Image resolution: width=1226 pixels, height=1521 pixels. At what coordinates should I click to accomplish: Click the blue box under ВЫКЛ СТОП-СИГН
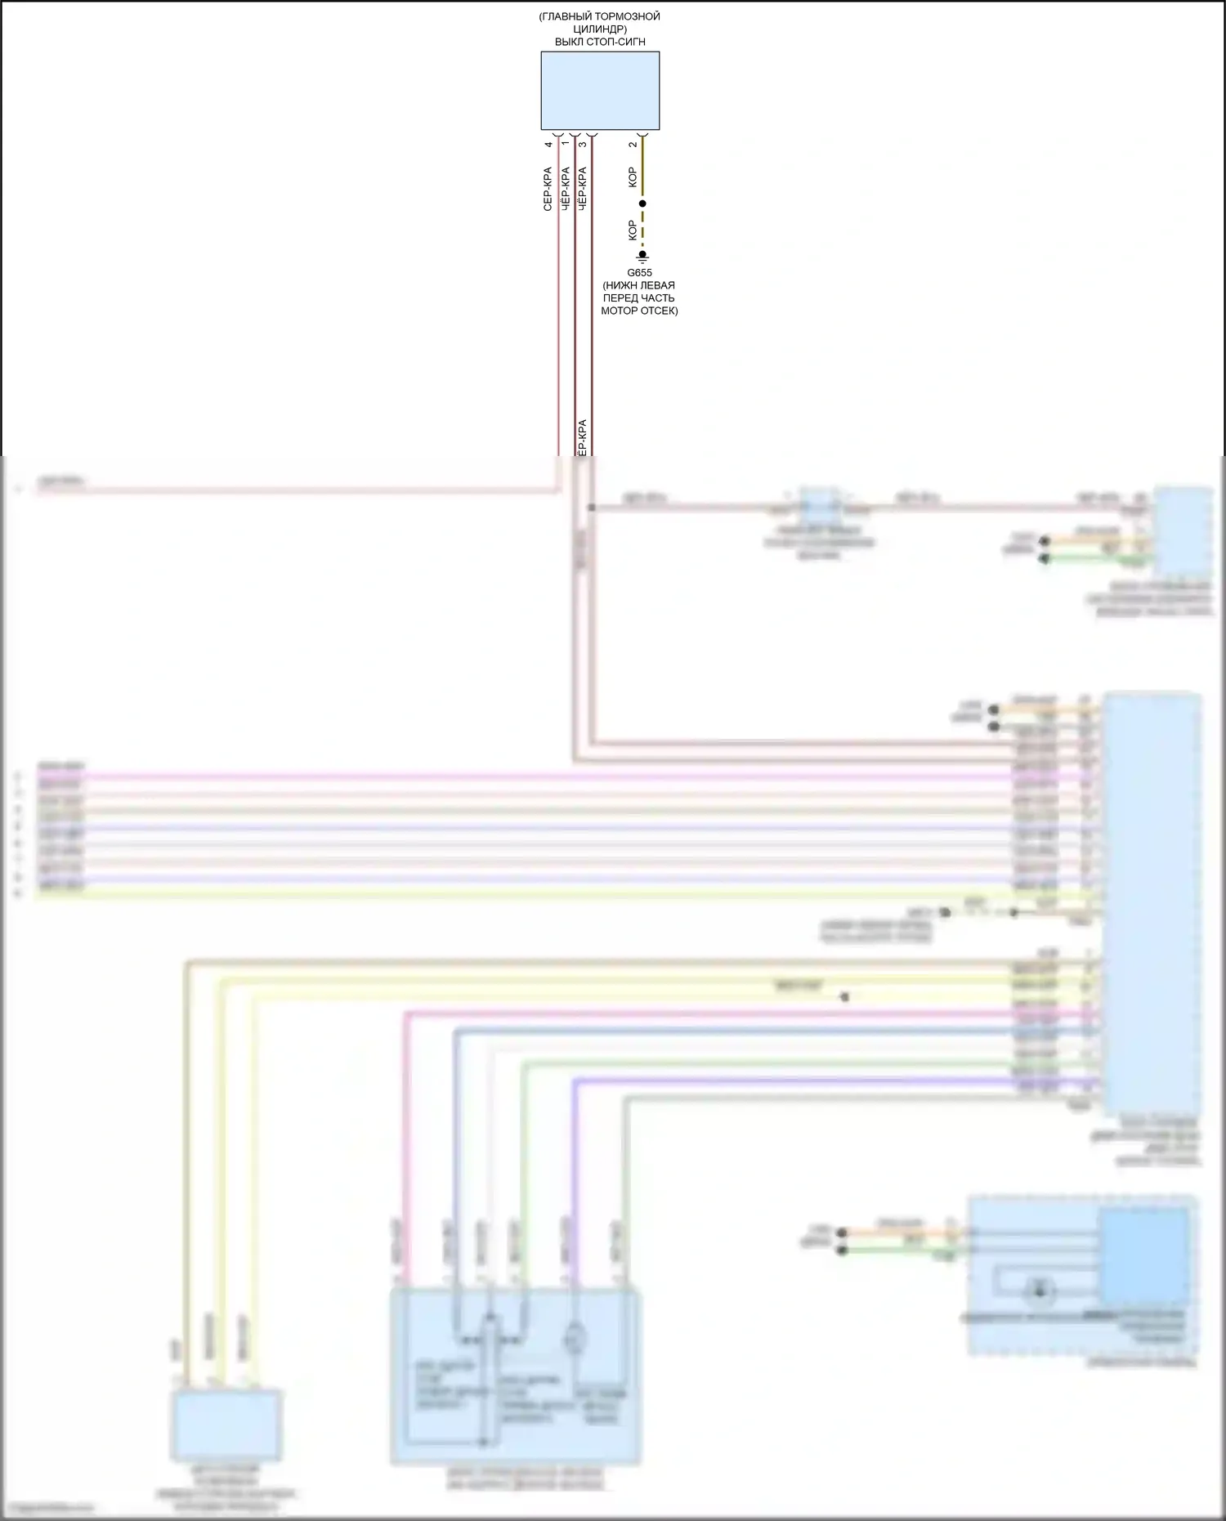point(600,91)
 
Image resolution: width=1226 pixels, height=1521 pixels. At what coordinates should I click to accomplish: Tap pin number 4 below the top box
point(548,145)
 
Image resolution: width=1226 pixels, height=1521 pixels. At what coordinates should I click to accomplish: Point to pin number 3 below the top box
point(582,145)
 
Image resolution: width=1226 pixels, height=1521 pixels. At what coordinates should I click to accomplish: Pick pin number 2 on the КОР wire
point(633,145)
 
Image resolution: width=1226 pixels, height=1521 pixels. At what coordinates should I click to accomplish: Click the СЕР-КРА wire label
point(548,189)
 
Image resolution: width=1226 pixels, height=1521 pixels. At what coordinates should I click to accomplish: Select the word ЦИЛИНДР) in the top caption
point(600,29)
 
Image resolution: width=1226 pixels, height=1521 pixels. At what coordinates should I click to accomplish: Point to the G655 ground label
point(639,273)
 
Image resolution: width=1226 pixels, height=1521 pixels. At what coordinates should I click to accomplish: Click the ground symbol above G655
point(642,257)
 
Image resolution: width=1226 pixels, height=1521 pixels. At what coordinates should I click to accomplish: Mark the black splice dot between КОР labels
point(642,203)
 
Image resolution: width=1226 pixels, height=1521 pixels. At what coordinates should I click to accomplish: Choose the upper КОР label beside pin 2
point(633,177)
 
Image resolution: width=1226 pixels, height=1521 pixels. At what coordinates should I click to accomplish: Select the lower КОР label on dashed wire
point(633,230)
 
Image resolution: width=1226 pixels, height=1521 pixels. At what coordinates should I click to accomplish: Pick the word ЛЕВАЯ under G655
point(656,285)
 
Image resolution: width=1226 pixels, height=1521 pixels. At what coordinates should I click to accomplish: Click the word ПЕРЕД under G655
point(622,298)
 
